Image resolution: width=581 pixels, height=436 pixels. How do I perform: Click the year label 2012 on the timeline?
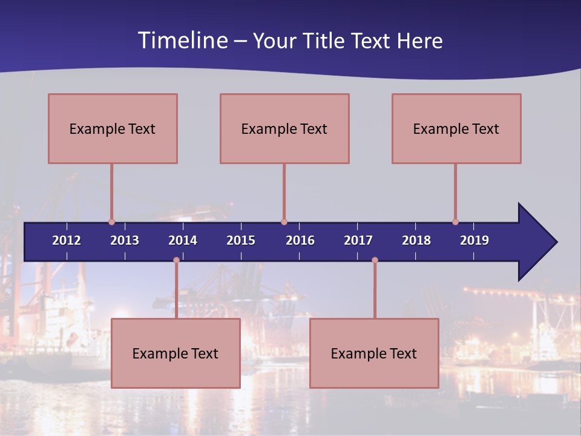(67, 240)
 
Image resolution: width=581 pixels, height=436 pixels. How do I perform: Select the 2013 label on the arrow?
(125, 240)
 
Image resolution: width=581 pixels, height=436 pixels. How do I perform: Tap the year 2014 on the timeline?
(183, 240)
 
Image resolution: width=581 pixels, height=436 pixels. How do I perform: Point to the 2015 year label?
(241, 240)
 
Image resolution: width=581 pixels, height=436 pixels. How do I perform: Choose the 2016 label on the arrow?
(300, 240)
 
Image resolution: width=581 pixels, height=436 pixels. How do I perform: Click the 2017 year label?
(358, 240)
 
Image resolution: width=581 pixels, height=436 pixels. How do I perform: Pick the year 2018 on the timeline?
(416, 240)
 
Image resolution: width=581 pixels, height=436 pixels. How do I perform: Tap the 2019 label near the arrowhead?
(474, 240)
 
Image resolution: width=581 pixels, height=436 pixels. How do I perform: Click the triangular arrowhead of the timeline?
(536, 242)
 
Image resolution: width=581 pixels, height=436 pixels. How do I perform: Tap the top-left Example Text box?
(113, 128)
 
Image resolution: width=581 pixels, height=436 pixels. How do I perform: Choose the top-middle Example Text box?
(284, 128)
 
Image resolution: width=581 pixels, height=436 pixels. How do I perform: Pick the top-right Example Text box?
(456, 128)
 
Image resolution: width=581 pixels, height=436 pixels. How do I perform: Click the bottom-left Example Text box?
(176, 353)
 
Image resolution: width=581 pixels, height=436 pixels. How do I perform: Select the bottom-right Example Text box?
(374, 353)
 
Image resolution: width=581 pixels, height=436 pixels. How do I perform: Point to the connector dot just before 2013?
(111, 222)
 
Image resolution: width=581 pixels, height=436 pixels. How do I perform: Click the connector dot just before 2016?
(284, 222)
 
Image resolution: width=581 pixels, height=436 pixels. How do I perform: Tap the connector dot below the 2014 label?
(176, 260)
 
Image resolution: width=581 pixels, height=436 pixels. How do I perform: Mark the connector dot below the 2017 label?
(375, 260)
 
